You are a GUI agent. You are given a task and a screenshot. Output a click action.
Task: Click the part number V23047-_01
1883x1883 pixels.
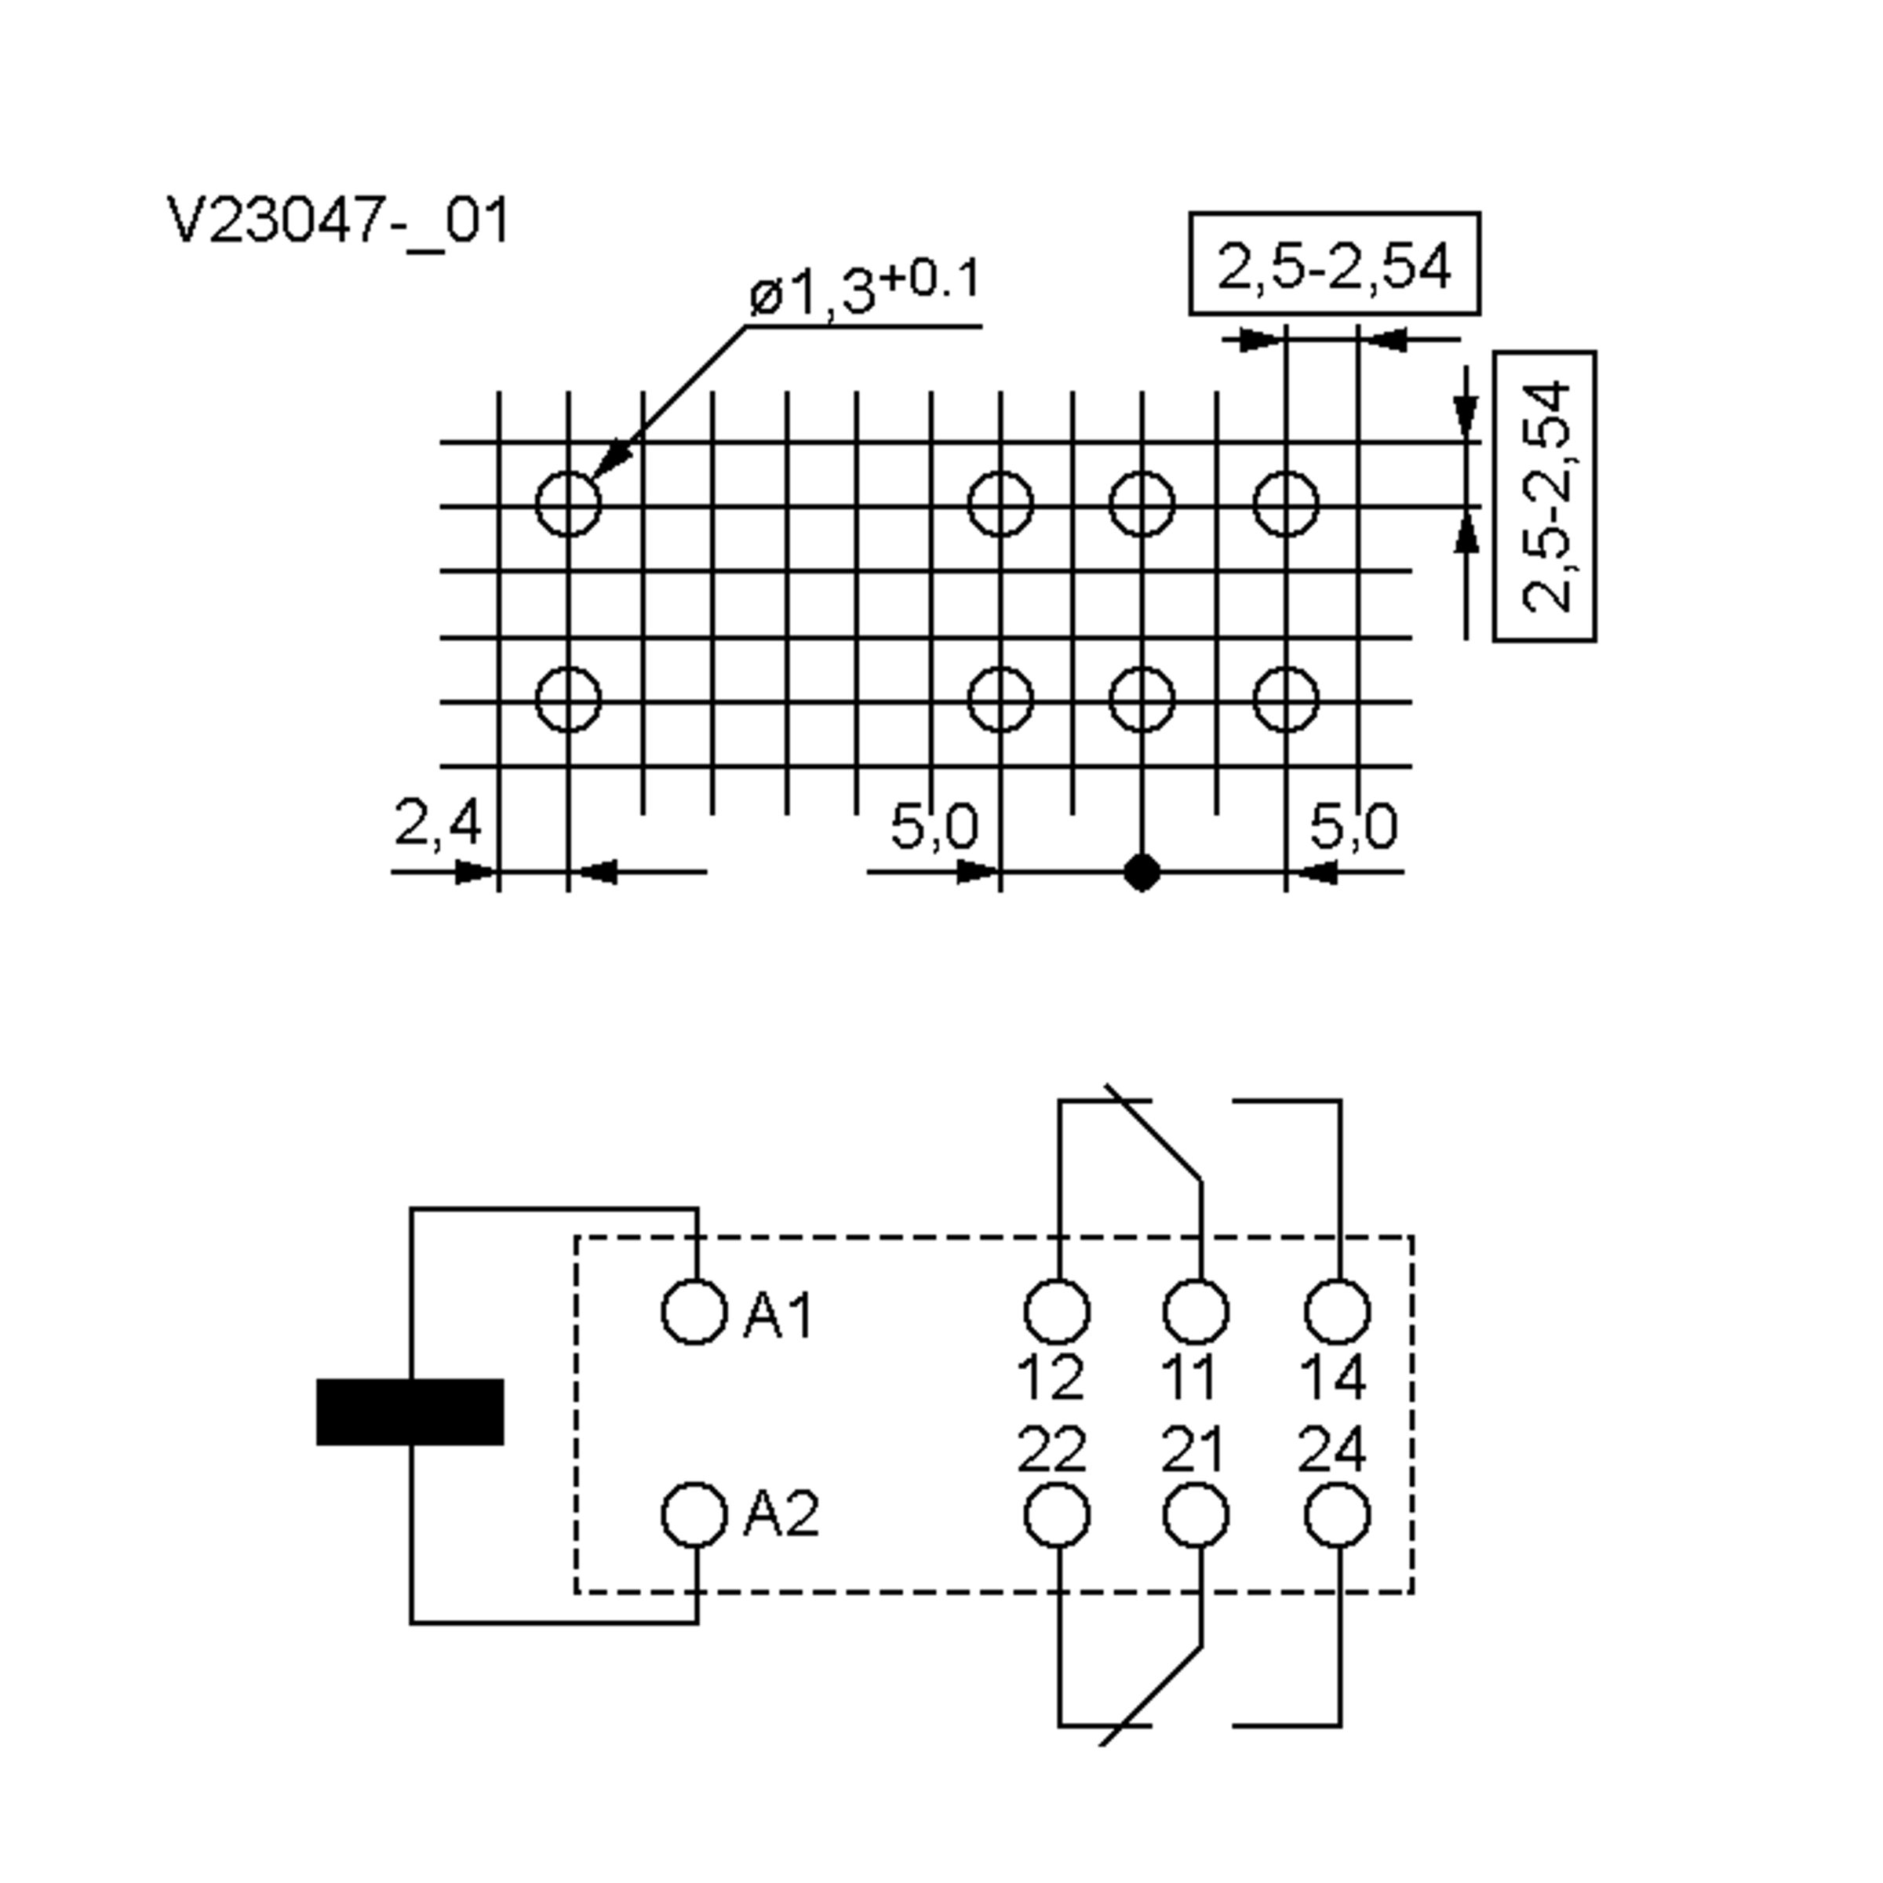coord(338,222)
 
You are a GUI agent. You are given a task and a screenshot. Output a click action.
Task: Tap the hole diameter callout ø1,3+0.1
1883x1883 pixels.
coord(864,289)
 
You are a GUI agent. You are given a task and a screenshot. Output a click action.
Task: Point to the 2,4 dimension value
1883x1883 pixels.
coord(438,822)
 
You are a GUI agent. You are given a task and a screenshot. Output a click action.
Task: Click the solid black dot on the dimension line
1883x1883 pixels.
coord(1142,872)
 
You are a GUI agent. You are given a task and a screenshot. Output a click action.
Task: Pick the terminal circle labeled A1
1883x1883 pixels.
coord(694,1312)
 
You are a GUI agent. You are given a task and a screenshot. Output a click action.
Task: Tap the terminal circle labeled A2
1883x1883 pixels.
coord(694,1516)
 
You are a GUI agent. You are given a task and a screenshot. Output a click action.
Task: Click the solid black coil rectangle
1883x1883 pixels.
coord(410,1411)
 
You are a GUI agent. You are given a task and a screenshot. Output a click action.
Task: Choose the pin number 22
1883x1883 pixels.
coord(1051,1450)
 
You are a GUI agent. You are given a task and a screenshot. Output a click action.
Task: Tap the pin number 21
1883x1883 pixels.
coord(1191,1450)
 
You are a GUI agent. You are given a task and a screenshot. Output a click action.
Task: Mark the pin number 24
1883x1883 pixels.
coord(1332,1450)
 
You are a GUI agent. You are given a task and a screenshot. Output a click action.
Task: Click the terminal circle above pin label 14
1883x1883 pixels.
coord(1337,1312)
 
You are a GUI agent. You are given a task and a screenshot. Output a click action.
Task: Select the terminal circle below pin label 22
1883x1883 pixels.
coord(1057,1516)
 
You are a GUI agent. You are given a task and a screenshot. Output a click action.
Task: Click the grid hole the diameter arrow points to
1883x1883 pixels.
coord(568,504)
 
